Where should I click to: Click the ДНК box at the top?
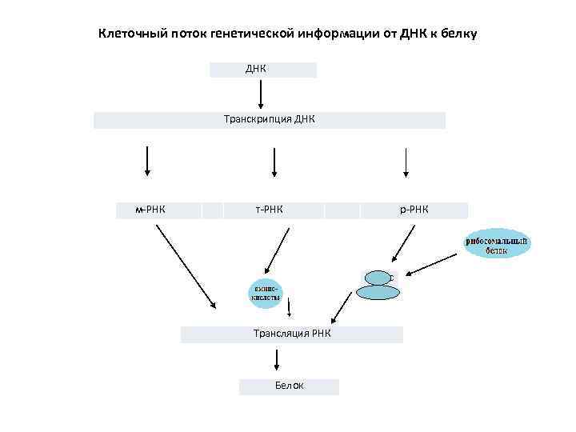click(x=262, y=70)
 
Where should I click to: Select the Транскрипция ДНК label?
click(x=270, y=120)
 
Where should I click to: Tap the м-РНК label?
click(x=151, y=210)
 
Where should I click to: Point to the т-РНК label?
click(x=270, y=210)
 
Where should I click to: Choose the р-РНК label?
click(x=414, y=210)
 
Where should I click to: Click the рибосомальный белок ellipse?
click(x=497, y=244)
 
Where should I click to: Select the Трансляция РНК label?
click(x=291, y=334)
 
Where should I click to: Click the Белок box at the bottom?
click(x=289, y=386)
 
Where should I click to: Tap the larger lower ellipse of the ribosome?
click(x=376, y=292)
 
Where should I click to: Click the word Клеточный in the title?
click(x=131, y=34)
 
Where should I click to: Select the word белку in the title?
click(x=457, y=34)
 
